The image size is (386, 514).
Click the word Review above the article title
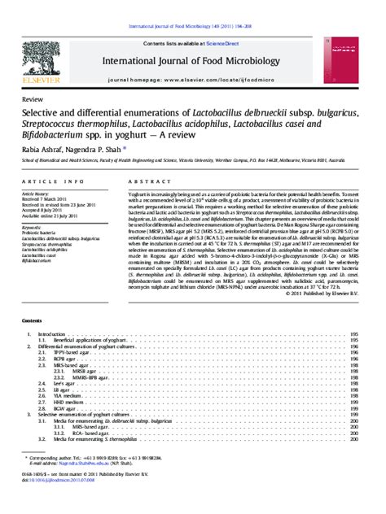(x=33, y=98)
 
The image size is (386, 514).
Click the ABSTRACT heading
(x=146, y=182)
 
